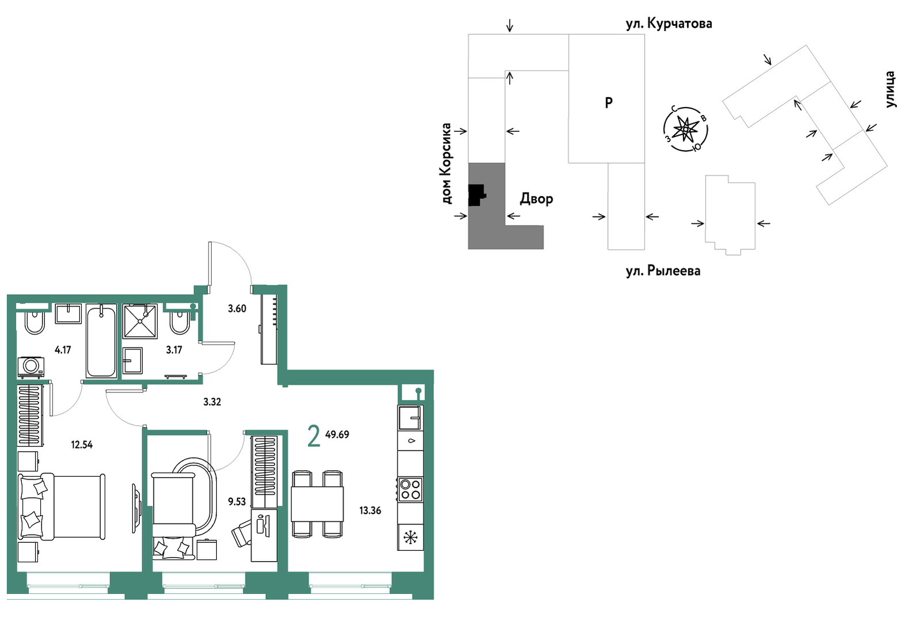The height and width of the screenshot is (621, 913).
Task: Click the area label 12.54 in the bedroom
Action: (x=82, y=444)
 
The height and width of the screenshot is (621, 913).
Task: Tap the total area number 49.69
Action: (x=337, y=435)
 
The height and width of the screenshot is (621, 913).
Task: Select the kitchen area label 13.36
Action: (x=370, y=510)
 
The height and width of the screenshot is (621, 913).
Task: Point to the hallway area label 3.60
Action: (x=237, y=308)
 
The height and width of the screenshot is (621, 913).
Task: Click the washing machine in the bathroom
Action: (x=31, y=367)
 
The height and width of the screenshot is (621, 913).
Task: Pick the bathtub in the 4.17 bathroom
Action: (x=101, y=342)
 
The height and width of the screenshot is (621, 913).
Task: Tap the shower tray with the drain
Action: (x=140, y=321)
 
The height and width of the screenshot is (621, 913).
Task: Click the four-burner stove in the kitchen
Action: (x=410, y=490)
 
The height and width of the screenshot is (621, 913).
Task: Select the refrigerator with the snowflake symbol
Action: (x=410, y=538)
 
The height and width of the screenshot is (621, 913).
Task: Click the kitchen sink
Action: (x=410, y=417)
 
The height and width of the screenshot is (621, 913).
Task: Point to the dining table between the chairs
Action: (x=317, y=504)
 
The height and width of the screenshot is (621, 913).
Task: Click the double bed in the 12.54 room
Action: (x=62, y=506)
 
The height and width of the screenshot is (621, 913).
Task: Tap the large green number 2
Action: (x=314, y=436)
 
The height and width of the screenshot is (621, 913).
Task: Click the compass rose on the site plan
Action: (x=686, y=129)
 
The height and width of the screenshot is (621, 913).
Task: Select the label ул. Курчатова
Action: (x=669, y=24)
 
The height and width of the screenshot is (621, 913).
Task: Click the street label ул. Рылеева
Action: (x=663, y=271)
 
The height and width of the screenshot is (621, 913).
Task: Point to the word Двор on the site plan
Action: (x=536, y=199)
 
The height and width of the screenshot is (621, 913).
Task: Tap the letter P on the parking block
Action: (x=609, y=103)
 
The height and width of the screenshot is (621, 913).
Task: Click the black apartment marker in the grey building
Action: (x=476, y=195)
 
